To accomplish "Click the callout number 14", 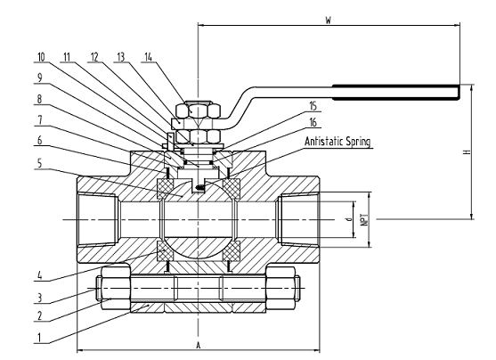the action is coord(149,57).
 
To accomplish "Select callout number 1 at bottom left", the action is coord(39,338).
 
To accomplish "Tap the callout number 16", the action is coord(313,122).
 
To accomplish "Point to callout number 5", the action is coord(39,163).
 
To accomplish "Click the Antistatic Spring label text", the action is coord(337,141).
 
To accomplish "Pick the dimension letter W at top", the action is coord(329,20).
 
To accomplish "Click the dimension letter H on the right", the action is coord(468,152).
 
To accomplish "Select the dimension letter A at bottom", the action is coord(199,345).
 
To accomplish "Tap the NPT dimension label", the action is coord(365,219).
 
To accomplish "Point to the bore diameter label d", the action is coord(349,219).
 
